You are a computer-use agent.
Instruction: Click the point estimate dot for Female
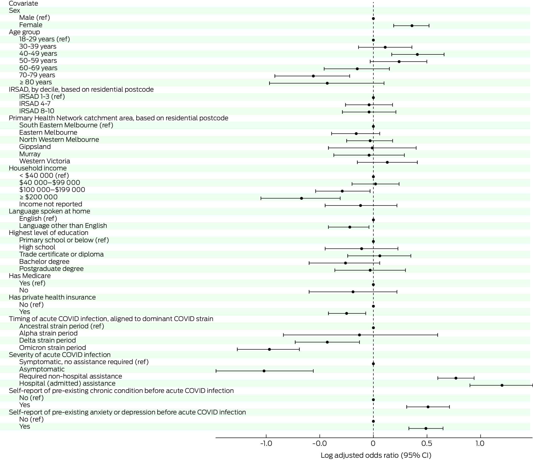pyautogui.click(x=412, y=26)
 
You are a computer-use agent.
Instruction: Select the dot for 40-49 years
pyautogui.click(x=417, y=54)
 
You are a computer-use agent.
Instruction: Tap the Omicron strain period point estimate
pyautogui.click(x=269, y=349)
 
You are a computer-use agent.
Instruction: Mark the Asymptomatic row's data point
pyautogui.click(x=264, y=371)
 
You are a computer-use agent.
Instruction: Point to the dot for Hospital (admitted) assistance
pyautogui.click(x=502, y=385)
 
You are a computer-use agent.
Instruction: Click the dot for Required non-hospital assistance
pyautogui.click(x=456, y=378)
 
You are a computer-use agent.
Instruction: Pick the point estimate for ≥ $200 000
pyautogui.click(x=302, y=198)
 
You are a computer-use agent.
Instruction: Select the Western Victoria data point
pyautogui.click(x=387, y=162)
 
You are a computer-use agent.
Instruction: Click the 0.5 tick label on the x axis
pyautogui.click(x=427, y=443)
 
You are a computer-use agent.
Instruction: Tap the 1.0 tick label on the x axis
pyautogui.click(x=480, y=443)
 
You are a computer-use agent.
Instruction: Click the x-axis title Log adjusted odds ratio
pyautogui.click(x=376, y=455)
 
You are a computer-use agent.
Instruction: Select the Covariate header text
pyautogui.click(x=24, y=4)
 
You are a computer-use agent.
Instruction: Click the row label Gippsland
pyautogui.click(x=35, y=147)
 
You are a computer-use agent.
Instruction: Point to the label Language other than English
pyautogui.click(x=63, y=226)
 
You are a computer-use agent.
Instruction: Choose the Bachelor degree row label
pyautogui.click(x=44, y=262)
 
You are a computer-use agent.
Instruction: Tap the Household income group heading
pyautogui.click(x=38, y=168)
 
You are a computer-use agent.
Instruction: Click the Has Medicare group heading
pyautogui.click(x=30, y=276)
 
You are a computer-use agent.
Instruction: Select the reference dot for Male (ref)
pyautogui.click(x=373, y=18)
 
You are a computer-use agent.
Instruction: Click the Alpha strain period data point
pyautogui.click(x=359, y=335)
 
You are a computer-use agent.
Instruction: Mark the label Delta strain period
pyautogui.click(x=48, y=340)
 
